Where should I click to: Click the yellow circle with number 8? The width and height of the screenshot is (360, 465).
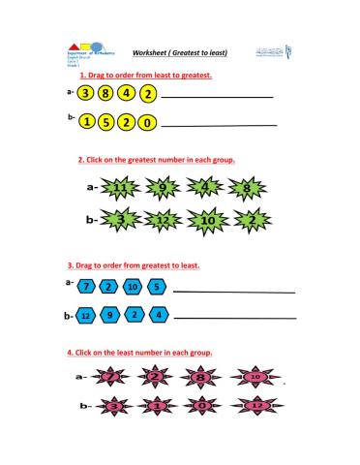click(x=106, y=95)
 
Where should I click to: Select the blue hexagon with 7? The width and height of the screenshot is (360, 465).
click(x=86, y=288)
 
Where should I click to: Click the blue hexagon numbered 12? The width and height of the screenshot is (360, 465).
click(x=86, y=316)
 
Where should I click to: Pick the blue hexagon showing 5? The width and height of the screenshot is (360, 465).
click(x=157, y=288)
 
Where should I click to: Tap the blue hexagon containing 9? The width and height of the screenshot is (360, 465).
click(x=110, y=316)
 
